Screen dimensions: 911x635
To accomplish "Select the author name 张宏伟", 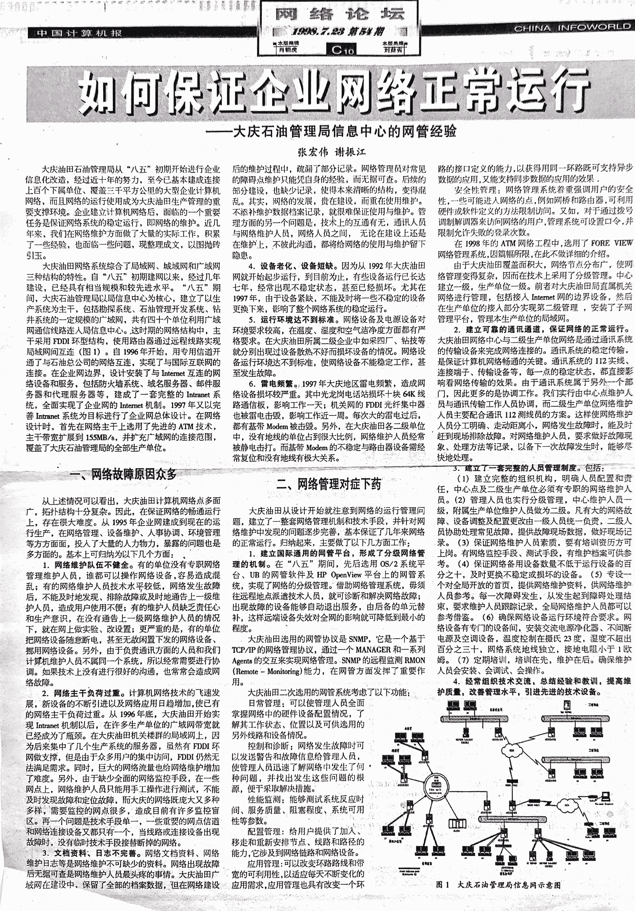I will [313, 152].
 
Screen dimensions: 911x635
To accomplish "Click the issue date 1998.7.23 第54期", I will [338, 32].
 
